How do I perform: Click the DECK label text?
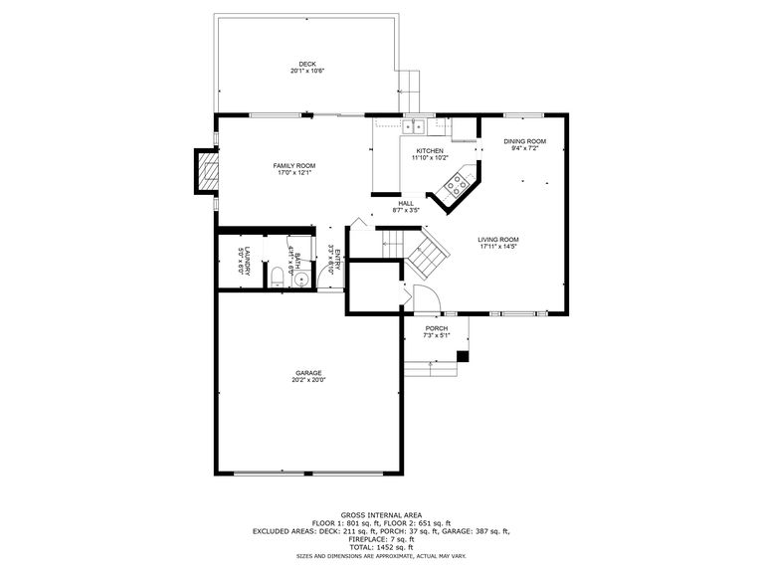[x=307, y=64]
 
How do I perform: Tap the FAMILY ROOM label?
[x=294, y=165]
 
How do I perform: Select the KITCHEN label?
[x=430, y=151]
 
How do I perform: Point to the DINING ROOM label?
[x=524, y=141]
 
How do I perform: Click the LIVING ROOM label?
[x=497, y=240]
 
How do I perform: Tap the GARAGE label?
[x=307, y=373]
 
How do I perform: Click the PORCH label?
[x=437, y=328]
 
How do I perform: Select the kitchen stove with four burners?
[x=458, y=183]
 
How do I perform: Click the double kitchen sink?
[x=414, y=126]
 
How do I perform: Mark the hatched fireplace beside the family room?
[x=206, y=170]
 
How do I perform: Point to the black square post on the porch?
[x=463, y=355]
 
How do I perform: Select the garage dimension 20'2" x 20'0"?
[x=308, y=380]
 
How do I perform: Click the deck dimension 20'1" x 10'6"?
[x=307, y=71]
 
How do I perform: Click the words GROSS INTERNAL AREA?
[x=381, y=515]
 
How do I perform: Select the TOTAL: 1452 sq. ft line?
[x=381, y=547]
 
